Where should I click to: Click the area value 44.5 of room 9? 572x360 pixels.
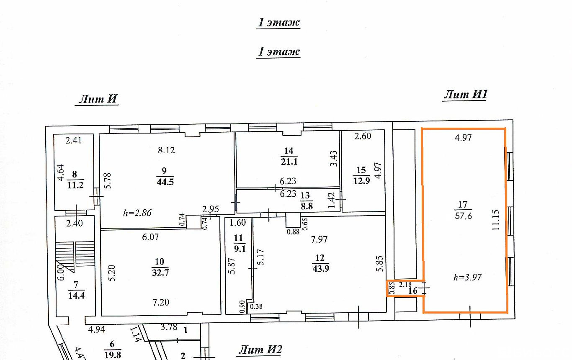[x=165, y=182]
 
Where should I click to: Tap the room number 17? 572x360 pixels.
[x=463, y=205]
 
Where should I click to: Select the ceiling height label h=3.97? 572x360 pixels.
[x=467, y=277]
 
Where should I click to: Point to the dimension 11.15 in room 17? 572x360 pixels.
[x=496, y=220]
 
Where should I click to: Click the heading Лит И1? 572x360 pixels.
[x=465, y=94]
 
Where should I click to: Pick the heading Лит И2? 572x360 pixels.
[x=260, y=350]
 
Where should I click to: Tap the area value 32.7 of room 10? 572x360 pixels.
[x=160, y=273]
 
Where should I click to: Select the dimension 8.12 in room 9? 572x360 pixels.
[x=166, y=150]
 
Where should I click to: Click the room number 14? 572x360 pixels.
[x=289, y=151]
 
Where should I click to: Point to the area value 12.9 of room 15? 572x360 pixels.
[x=362, y=181]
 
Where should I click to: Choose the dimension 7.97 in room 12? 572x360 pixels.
[x=319, y=239]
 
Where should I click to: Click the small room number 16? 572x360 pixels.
[x=412, y=291]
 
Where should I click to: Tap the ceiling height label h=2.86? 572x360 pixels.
[x=137, y=213]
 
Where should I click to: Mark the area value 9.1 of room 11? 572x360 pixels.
[x=240, y=248]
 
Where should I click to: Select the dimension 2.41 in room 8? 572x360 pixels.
[x=74, y=140]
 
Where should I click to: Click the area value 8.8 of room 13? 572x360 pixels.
[x=307, y=206]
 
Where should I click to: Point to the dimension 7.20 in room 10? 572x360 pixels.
[x=161, y=302]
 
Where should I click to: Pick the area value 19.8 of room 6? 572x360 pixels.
[x=113, y=355]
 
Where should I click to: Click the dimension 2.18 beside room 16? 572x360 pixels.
[x=405, y=284]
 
